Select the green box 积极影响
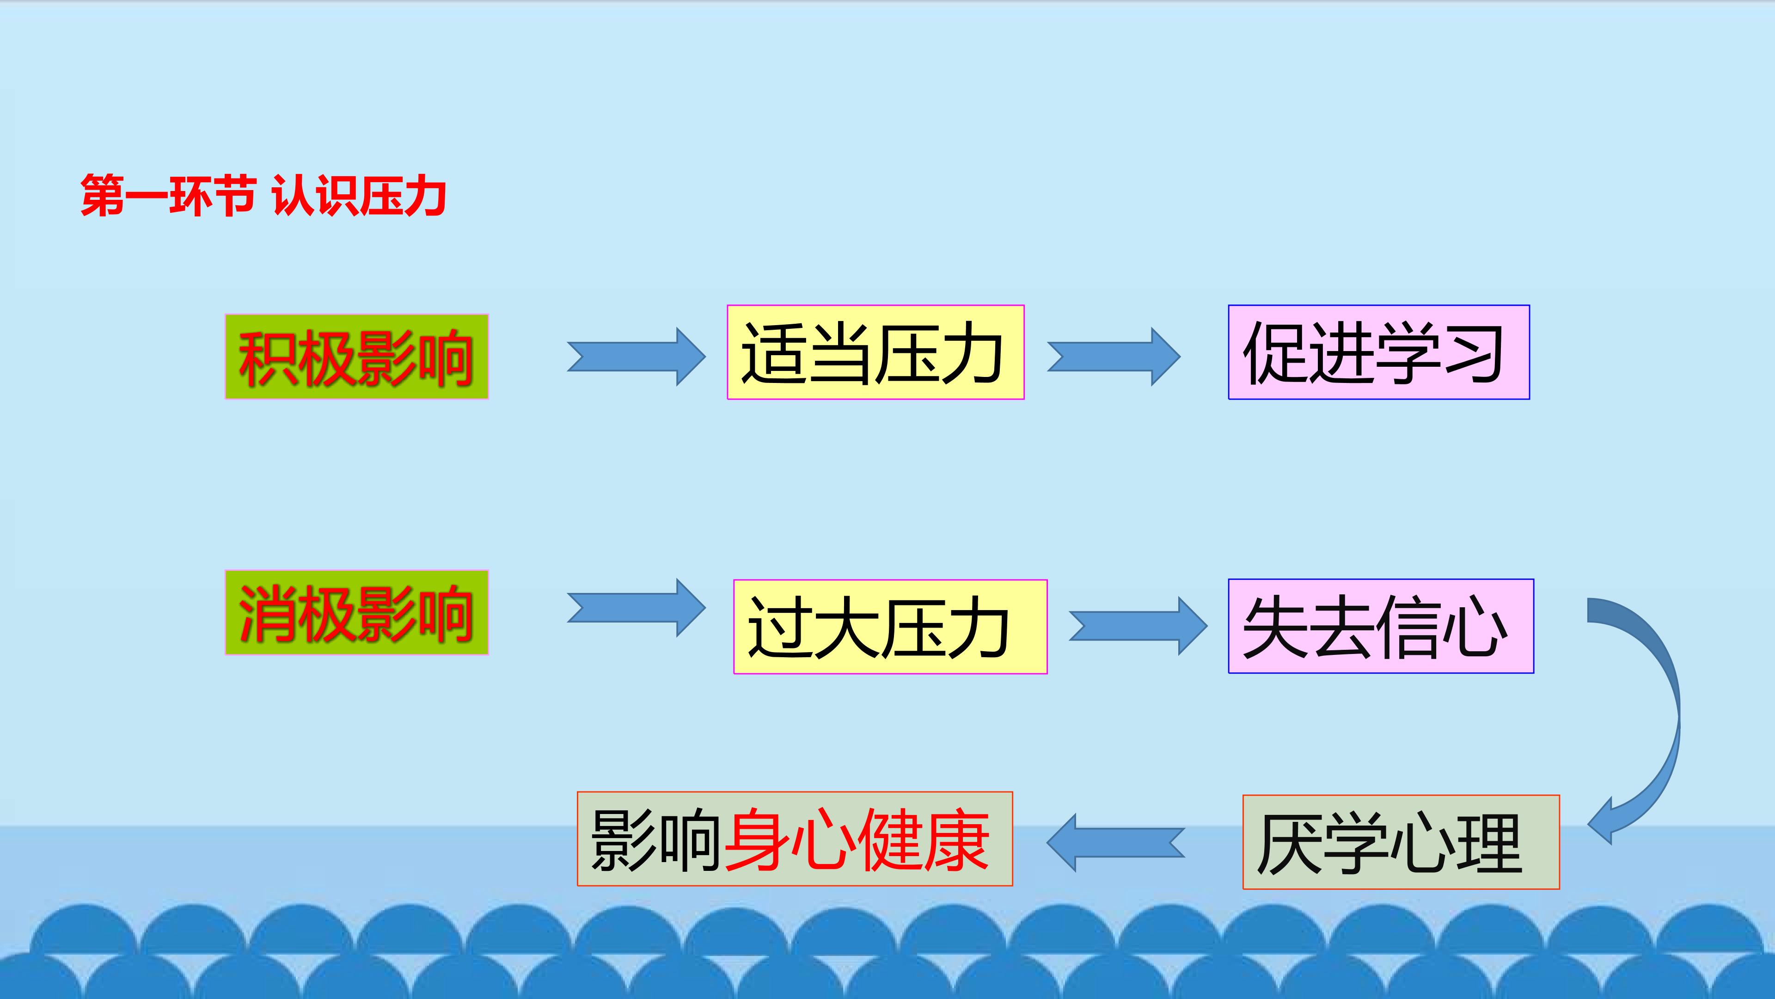click(x=356, y=357)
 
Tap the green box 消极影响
click(x=356, y=612)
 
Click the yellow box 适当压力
click(x=875, y=352)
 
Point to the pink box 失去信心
click(x=1380, y=626)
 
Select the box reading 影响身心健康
click(x=795, y=839)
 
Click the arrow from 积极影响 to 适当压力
click(x=636, y=357)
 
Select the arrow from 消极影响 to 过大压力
click(x=636, y=607)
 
